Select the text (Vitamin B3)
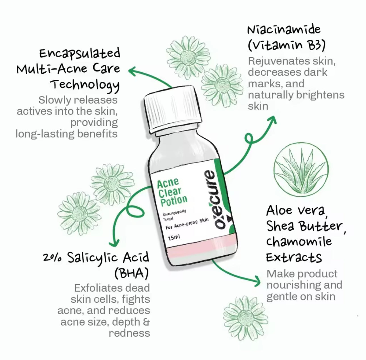pos(286,46)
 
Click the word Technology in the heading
pos(85,85)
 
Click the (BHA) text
pos(131,273)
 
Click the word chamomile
pos(299,242)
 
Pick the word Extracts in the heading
pos(294,258)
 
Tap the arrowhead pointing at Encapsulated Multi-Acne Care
pos(132,71)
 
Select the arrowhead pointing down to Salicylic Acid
pos(114,243)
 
